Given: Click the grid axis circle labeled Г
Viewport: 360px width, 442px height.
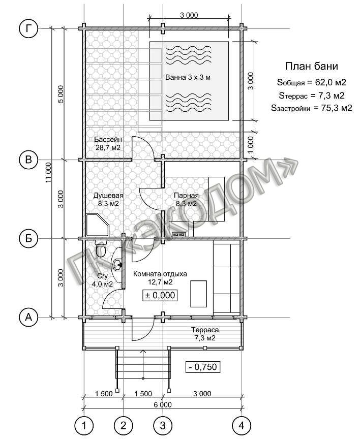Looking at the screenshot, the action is [28, 29].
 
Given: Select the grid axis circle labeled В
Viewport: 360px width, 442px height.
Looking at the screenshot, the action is [28, 160].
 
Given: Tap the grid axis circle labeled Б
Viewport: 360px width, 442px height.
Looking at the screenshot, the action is [28, 239].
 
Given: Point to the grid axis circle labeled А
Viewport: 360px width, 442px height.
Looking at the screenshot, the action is [28, 318].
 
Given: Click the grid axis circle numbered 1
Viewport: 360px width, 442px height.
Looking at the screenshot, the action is [84, 425].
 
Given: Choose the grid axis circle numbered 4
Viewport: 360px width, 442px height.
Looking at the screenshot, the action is [242, 425].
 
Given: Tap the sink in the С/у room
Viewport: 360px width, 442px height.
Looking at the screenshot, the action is [118, 265].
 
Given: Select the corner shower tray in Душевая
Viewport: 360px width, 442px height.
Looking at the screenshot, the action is [97, 225].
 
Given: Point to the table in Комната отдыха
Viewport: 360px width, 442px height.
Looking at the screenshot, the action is [199, 294].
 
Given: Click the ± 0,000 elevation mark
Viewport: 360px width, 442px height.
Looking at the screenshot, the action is [160, 295].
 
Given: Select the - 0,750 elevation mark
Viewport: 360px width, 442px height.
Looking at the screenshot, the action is [203, 367].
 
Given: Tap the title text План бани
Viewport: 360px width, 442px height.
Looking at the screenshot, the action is [312, 66].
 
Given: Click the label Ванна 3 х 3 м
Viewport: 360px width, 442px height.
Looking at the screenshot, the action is [188, 77].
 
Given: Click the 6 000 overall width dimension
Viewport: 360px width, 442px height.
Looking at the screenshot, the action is [163, 404].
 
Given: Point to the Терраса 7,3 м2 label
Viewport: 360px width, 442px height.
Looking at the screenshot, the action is [205, 334].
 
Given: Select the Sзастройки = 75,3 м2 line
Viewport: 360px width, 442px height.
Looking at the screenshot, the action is [312, 108].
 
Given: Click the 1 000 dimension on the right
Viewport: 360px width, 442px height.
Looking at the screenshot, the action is [251, 144].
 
